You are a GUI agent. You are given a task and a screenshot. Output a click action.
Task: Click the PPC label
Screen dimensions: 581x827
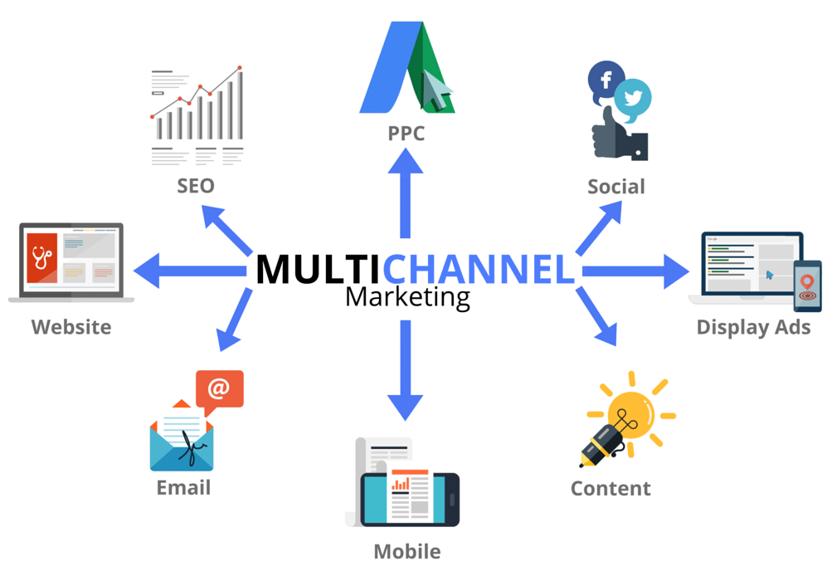coord(406,133)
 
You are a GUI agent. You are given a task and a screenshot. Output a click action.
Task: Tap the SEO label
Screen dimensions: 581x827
coord(196,184)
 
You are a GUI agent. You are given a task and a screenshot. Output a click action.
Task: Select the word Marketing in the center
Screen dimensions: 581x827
coord(407,296)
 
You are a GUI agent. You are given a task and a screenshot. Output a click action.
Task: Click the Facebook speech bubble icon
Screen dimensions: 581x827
coord(605,81)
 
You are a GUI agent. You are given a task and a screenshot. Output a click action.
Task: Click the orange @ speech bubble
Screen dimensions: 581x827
coord(219,388)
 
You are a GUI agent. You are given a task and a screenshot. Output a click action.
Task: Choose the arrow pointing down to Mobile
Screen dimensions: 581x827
coord(406,369)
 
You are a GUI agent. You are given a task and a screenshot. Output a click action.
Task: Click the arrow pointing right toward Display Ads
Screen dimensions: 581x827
coord(635,270)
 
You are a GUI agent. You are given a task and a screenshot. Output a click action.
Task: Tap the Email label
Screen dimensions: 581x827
coord(183,487)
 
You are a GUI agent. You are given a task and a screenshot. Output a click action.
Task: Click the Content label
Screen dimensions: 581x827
coord(611,488)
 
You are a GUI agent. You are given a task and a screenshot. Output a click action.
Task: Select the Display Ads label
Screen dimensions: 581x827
coord(753,327)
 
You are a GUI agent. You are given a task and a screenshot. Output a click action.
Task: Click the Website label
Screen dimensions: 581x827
coord(71,327)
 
